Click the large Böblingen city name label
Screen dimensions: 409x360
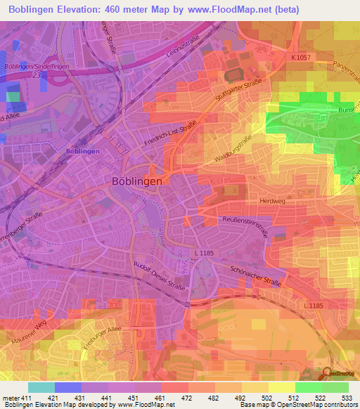coord(138,181)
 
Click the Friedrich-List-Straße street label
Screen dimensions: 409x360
coord(171,129)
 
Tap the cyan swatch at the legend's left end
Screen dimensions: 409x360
coord(41,387)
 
